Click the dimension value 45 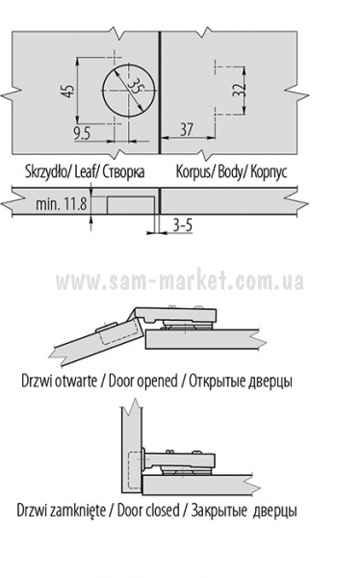click(68, 91)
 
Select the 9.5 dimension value click(82, 133)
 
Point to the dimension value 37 click(186, 129)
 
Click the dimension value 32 click(238, 90)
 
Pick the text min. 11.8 click(62, 203)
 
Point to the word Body click(229, 171)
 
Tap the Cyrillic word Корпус click(269, 172)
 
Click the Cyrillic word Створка click(124, 171)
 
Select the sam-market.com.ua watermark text click(180, 281)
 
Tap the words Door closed click(148, 511)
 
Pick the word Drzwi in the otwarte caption click(37, 381)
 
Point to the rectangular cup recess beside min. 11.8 click(131, 205)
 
